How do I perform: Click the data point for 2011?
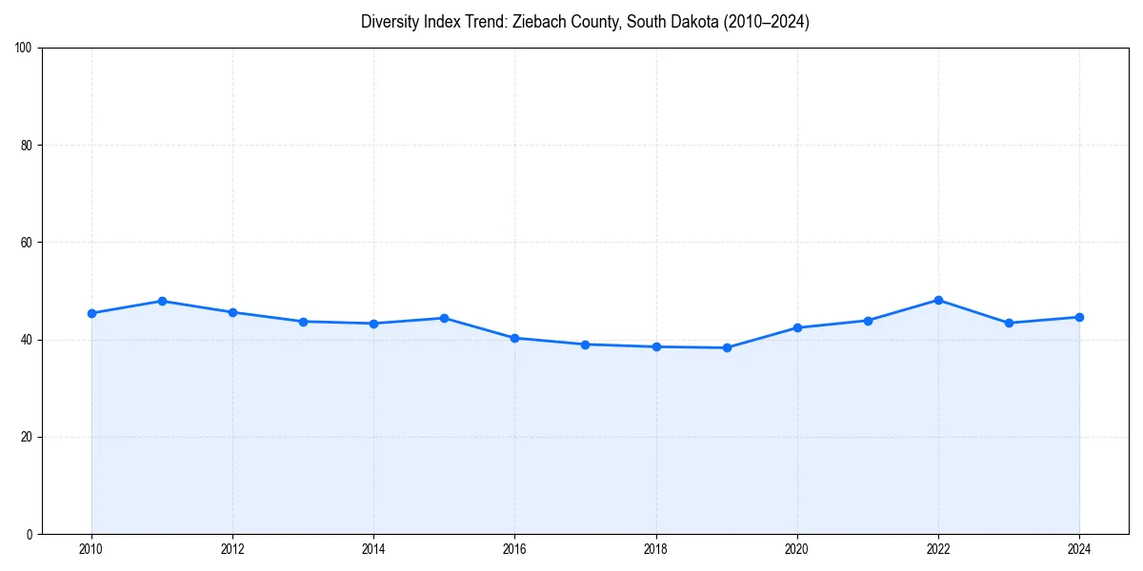click(162, 301)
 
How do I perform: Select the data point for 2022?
click(938, 300)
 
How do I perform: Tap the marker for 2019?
click(727, 347)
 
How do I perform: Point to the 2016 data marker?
click(514, 338)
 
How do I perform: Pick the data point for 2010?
click(91, 313)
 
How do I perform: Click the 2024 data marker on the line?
click(1079, 317)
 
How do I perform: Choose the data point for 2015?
click(444, 318)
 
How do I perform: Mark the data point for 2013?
click(303, 322)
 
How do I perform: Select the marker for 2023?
click(1009, 323)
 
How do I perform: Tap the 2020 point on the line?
click(797, 327)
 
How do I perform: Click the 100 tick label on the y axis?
click(24, 49)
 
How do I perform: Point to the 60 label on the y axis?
click(27, 243)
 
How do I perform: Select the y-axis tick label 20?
click(27, 437)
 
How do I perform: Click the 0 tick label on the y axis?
click(30, 534)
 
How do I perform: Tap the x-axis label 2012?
click(232, 549)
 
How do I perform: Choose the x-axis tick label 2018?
click(655, 549)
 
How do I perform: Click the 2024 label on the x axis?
click(1079, 549)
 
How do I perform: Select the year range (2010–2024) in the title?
click(761, 22)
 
